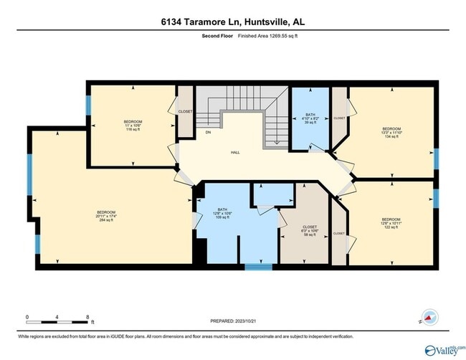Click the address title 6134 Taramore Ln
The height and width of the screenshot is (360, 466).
tap(233, 22)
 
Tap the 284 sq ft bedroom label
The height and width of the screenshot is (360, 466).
tap(106, 216)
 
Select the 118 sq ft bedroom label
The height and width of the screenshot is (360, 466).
tap(133, 125)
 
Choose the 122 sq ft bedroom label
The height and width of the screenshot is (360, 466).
tap(391, 222)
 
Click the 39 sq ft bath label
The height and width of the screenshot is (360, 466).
tap(310, 118)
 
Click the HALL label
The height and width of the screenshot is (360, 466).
tap(234, 151)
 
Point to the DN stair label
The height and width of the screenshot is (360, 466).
tap(208, 133)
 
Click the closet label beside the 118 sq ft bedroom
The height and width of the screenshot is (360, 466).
tap(185, 112)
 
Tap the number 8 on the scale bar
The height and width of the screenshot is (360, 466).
tap(87, 316)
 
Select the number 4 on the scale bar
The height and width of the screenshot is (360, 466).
tap(57, 316)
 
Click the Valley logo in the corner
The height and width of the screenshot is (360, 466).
tap(444, 349)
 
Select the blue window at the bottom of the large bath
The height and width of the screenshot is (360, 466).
tap(255, 267)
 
